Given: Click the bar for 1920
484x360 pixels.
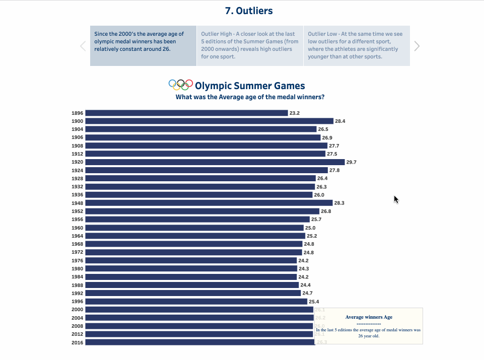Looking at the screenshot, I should [x=215, y=162].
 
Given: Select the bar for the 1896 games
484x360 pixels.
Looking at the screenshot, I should [x=186, y=113].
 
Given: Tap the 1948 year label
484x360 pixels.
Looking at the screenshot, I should [x=77, y=203].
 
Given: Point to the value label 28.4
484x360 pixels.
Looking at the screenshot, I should [x=340, y=121].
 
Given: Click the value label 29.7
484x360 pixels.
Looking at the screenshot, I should [x=351, y=162].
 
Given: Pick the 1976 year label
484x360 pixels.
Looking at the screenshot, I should [x=77, y=260].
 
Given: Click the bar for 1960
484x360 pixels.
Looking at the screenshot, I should [x=194, y=228].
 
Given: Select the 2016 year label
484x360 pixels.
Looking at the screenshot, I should [x=77, y=342].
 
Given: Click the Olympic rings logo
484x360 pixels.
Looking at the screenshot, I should [x=181, y=85].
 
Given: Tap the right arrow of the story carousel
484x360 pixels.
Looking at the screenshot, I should [x=417, y=46].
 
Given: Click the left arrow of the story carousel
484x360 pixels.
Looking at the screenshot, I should [x=83, y=46].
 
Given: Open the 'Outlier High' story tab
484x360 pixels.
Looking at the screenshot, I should [x=250, y=46].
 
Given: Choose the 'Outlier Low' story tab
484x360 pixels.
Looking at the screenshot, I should [x=357, y=46].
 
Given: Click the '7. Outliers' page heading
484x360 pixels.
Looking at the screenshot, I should [x=249, y=11].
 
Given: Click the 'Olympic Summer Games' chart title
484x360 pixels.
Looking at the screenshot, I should [x=250, y=86].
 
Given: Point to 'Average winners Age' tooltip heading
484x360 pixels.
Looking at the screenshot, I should [x=369, y=317].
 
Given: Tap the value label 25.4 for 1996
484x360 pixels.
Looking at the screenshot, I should [x=314, y=302].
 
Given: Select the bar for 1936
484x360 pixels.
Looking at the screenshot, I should [x=199, y=195].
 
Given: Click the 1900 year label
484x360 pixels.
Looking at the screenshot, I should [x=77, y=121].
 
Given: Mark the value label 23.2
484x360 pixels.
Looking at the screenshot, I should [x=295, y=113].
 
